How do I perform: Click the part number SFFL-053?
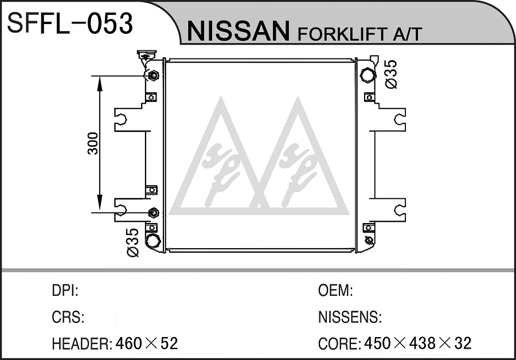coord(70,23)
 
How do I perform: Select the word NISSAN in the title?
coord(239,31)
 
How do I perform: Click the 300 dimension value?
coord(93,143)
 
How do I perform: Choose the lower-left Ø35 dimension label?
coord(132,242)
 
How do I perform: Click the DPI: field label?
coord(65,291)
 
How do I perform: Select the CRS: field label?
coord(68,317)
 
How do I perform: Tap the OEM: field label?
coord(335,291)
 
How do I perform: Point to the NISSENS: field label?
coord(350,317)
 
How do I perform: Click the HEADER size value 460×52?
coord(147,343)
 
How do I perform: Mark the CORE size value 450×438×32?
coord(417,343)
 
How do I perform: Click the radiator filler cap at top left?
coord(147,54)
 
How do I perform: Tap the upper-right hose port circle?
coord(368,75)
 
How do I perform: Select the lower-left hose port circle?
coord(153,240)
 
